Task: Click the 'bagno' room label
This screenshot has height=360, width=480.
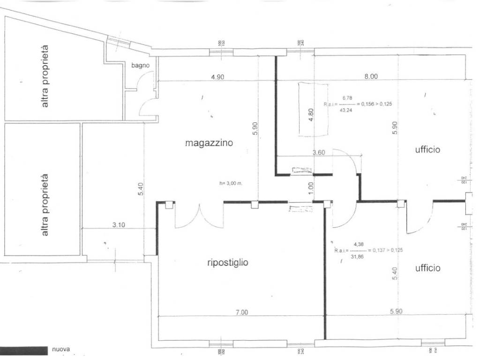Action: pos(140,66)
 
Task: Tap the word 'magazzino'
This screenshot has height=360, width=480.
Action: pos(209,143)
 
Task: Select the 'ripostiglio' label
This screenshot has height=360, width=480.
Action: pos(227,262)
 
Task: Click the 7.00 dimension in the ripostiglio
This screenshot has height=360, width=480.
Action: pos(241,313)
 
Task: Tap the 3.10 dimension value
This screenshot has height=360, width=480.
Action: pos(119,225)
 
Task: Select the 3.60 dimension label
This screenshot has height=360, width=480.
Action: pos(319,152)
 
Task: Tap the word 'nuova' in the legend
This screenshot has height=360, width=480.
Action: pos(61,349)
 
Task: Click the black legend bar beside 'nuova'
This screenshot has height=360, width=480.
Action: pos(24,350)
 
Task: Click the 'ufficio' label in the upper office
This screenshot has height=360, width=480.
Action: pos(427,150)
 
